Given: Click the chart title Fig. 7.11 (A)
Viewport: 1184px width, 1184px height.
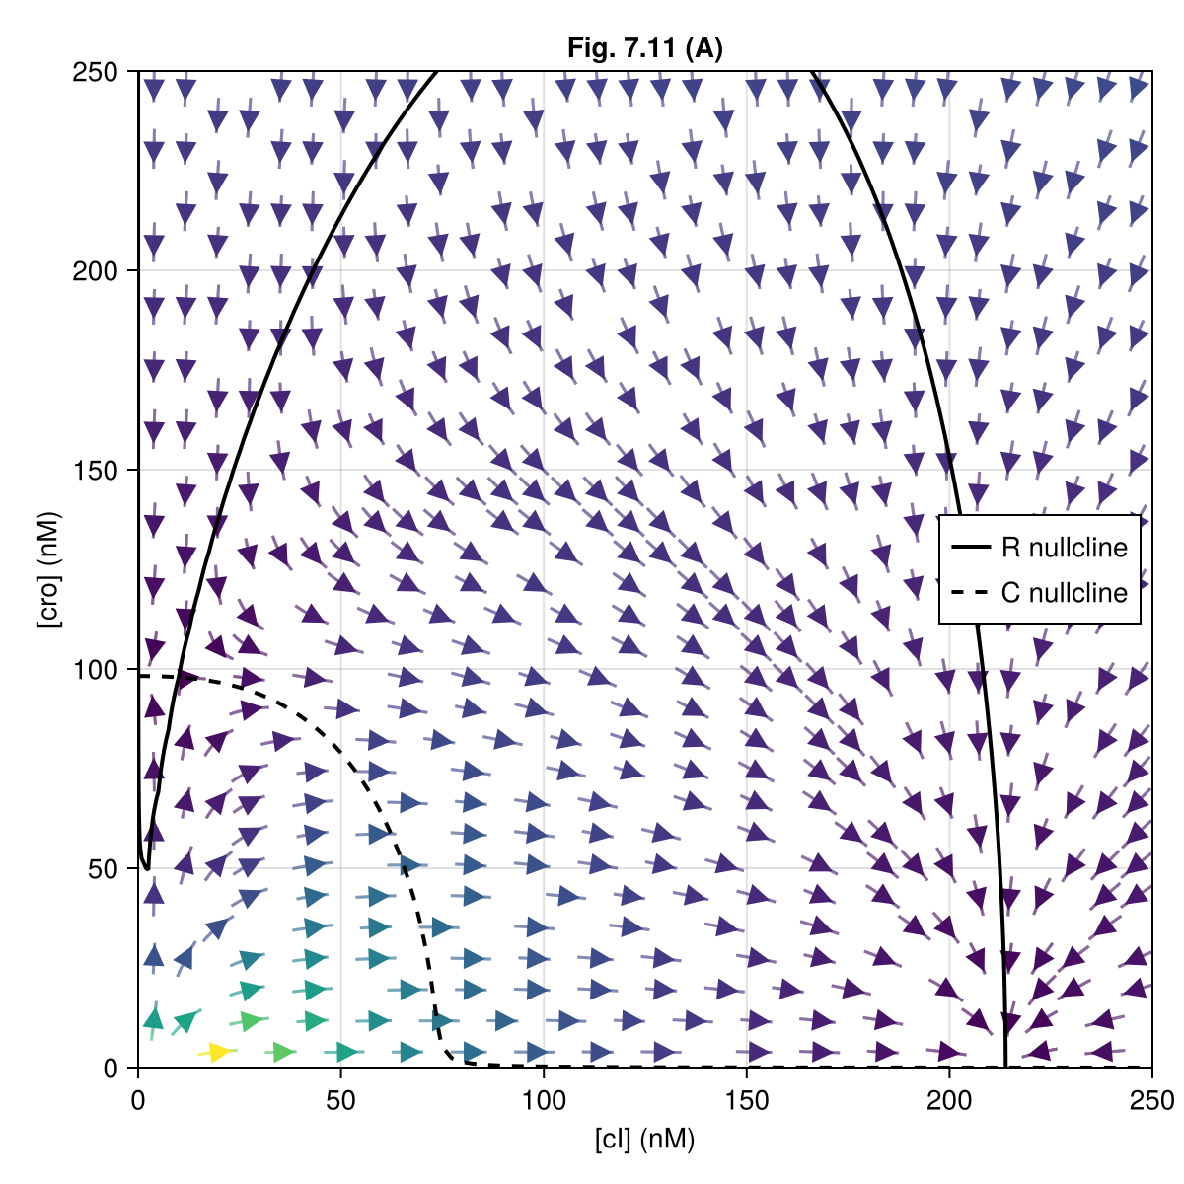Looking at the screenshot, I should coord(645,48).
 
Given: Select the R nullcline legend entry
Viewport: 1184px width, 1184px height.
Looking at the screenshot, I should coord(1064,547).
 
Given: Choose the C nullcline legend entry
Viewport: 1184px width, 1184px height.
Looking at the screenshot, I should coord(1064,592).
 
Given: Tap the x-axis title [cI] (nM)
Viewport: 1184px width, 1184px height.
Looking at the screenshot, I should coord(645,1140).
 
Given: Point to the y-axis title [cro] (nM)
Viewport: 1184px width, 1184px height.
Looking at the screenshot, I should coord(47,569).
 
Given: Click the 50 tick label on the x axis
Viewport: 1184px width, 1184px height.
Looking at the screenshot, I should coord(340,1099).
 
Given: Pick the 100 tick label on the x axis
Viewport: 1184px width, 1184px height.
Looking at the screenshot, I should coord(544,1099).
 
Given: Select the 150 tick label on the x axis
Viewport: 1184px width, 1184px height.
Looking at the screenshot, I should coord(747,1099).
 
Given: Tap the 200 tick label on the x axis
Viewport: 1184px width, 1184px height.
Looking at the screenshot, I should coord(949,1099).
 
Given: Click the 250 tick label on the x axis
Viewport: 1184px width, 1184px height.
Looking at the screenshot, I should coord(1151,1099).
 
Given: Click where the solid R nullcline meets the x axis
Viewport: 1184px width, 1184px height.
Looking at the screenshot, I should coord(1005,1066).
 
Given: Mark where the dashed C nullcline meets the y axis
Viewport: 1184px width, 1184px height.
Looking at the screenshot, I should coord(140,676).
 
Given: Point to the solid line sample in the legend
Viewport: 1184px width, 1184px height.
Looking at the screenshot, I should coord(972,547).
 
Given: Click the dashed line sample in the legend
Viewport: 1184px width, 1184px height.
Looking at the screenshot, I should coord(972,592).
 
